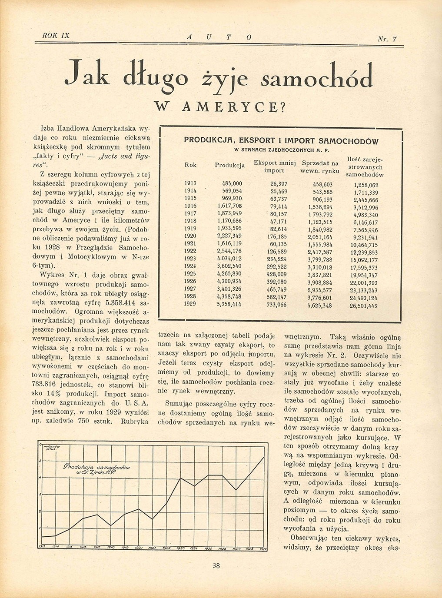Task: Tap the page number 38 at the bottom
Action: coord(216,565)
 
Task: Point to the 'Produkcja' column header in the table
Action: coord(230,165)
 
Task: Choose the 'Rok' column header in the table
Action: coord(190,165)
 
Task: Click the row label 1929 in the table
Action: coord(190,304)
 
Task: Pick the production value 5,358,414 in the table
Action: coord(229,304)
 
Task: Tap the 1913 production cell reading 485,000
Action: coord(232,183)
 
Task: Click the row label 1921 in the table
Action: coord(190,243)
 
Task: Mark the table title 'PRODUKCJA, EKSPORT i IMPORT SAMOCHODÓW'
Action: coord(281,141)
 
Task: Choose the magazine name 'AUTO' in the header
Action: coord(218,38)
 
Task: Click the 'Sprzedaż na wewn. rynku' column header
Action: coord(320,167)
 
